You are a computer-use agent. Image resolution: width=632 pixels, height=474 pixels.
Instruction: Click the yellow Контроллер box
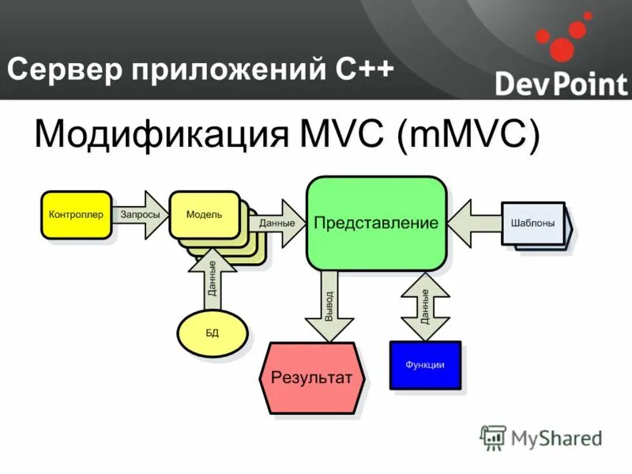76,214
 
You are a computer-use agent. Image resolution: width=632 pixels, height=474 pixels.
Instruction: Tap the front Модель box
204,214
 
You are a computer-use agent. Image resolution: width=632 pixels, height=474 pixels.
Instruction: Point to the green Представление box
376,223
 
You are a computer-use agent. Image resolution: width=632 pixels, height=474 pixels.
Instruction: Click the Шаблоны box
532,223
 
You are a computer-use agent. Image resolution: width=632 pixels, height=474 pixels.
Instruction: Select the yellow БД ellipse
212,333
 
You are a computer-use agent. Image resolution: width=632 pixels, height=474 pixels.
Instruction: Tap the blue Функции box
425,364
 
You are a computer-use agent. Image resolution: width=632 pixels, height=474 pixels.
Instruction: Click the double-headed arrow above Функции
425,306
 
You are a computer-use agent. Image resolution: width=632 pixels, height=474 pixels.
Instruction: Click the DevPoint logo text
561,83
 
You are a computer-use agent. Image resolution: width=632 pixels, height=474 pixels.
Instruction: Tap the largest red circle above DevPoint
561,49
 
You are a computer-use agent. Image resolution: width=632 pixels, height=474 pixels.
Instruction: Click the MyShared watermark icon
493,437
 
